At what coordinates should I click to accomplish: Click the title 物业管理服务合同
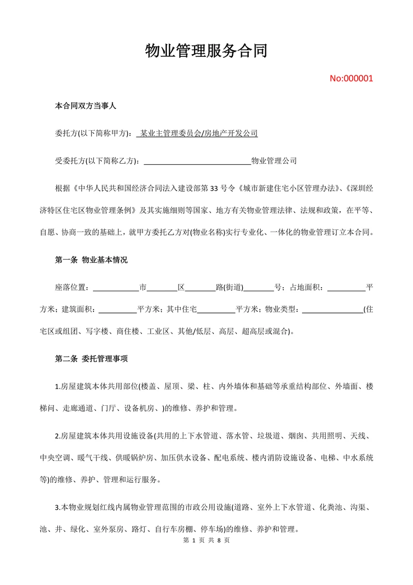tap(206, 51)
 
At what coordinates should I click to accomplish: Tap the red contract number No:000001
tap(351, 78)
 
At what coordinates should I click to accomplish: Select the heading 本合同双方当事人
tap(86, 106)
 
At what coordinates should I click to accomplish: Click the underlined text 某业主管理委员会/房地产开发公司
tap(197, 133)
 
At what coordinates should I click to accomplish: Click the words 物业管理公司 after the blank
tap(274, 161)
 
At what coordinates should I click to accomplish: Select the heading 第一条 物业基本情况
tap(91, 260)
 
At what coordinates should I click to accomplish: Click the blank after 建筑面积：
tap(117, 309)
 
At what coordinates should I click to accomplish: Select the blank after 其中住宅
tap(216, 309)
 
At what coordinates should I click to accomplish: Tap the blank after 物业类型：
tap(332, 309)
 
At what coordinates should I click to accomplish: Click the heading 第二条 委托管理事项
tap(91, 358)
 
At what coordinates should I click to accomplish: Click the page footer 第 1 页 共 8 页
tap(206, 540)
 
